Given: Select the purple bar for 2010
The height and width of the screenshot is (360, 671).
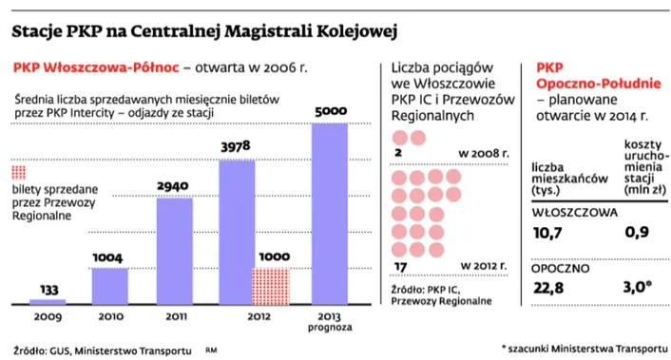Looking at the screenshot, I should [x=110, y=282].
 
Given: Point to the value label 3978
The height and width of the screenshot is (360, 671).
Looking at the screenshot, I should [x=237, y=147].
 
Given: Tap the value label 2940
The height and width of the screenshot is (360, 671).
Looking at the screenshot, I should [x=175, y=187].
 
